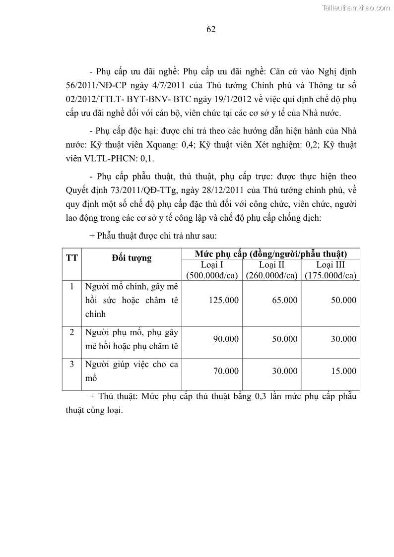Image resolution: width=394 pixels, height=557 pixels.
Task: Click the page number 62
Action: point(210,29)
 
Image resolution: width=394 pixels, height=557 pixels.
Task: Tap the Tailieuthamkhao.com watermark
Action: point(356,7)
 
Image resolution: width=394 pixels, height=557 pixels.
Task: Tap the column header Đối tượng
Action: point(131,258)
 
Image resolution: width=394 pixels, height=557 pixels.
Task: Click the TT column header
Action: point(71,258)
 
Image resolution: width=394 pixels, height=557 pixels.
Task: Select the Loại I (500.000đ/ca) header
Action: point(212,270)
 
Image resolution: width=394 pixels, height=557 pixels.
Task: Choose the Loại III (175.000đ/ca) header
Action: point(330,270)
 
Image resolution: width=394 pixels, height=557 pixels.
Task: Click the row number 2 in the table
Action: point(71,332)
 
